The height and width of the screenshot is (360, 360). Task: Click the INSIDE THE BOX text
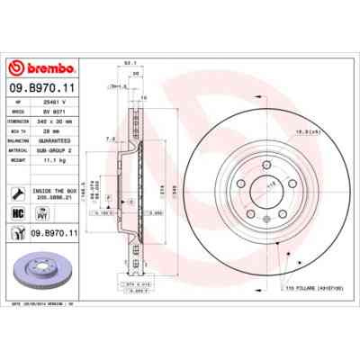pos(56,188)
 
